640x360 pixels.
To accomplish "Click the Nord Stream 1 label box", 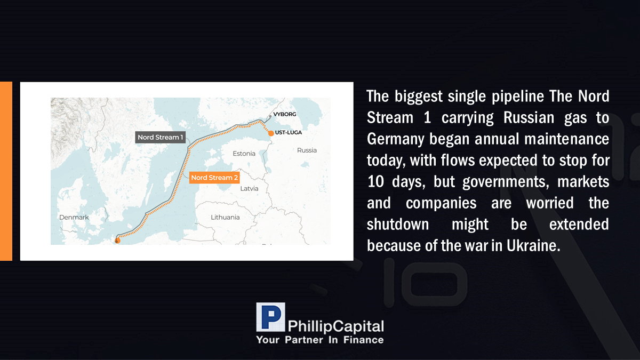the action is (x=161, y=137).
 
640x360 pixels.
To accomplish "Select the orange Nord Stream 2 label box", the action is (x=214, y=178).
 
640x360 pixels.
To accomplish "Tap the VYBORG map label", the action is (x=285, y=114).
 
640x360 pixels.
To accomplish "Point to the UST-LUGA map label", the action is (x=289, y=133).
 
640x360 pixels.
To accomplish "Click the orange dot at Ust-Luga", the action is (x=271, y=133).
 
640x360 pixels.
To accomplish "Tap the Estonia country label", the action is (x=244, y=154).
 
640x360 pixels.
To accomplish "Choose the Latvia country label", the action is (x=249, y=189).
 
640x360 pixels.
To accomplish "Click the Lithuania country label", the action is (x=225, y=217).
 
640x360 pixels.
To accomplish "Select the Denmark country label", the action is (x=74, y=217).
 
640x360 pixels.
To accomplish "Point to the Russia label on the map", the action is (x=307, y=150).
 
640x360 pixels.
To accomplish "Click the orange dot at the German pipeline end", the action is (x=117, y=241).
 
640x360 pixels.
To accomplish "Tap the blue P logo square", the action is (x=270, y=317).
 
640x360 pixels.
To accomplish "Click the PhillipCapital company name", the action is (x=335, y=326).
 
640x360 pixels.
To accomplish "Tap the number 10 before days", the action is (x=375, y=181).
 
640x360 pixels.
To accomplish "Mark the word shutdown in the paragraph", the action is (x=398, y=225).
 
